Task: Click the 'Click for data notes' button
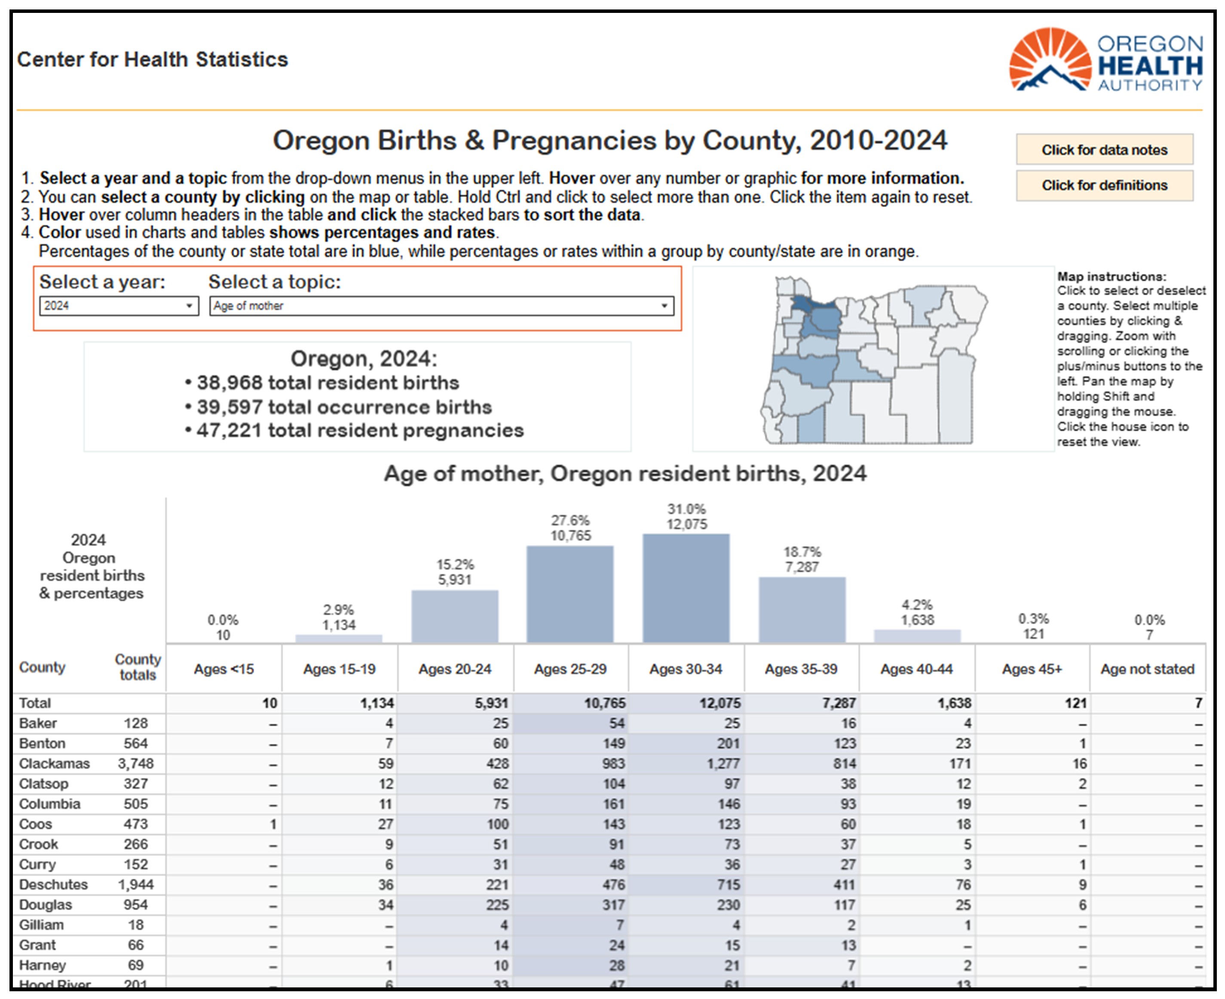[x=1104, y=150]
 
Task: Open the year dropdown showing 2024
[x=119, y=306]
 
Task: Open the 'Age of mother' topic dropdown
[x=441, y=306]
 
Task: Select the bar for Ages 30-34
[x=686, y=588]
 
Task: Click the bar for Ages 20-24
[x=455, y=616]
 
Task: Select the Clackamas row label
[x=54, y=764]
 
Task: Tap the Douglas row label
[x=46, y=904]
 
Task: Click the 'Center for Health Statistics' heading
[x=153, y=59]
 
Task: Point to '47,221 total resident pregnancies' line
[x=355, y=431]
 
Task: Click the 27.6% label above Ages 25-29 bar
[x=570, y=520]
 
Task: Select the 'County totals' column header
[x=138, y=667]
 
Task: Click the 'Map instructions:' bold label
[x=1112, y=276]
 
